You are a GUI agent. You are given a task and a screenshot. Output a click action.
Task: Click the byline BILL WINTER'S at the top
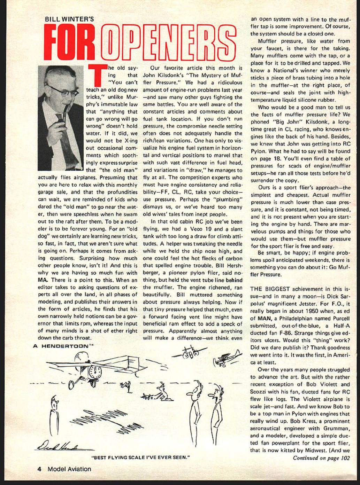(x=70, y=19)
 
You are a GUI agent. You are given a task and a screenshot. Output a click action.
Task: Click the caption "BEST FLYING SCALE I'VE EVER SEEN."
(x=141, y=457)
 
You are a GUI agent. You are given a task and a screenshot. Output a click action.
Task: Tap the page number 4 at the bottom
(x=39, y=469)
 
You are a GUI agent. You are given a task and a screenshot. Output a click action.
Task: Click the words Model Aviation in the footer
(x=69, y=469)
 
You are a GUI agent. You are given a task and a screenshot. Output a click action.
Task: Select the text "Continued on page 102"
(x=321, y=458)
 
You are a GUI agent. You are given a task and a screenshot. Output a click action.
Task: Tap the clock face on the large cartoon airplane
(x=95, y=372)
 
